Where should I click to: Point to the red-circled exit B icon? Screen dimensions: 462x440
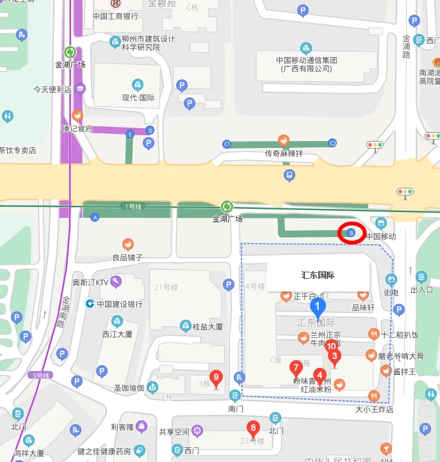351,234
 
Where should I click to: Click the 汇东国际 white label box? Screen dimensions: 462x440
318,276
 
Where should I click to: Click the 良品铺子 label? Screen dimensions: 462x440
127,257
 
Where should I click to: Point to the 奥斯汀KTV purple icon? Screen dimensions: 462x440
116,281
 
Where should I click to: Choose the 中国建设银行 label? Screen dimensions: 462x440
119,304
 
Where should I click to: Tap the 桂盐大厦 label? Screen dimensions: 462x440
208,326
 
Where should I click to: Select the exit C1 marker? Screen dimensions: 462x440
227,144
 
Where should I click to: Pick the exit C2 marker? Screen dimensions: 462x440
332,143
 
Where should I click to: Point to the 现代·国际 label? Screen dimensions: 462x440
138,97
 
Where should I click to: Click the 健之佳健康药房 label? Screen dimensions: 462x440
104,451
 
